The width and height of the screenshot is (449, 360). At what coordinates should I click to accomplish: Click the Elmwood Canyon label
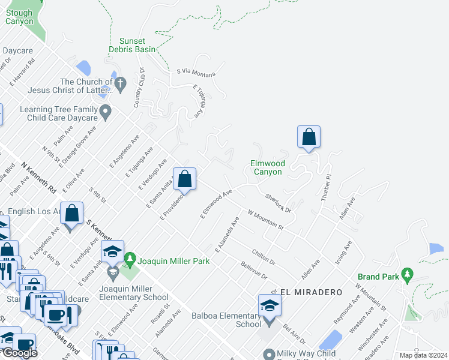click(267, 167)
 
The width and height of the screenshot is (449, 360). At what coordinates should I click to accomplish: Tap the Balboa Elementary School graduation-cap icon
click(270, 305)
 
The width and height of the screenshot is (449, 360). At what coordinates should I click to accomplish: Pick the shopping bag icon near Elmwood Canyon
click(309, 137)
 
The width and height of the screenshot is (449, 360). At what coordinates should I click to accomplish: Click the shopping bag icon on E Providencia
click(184, 178)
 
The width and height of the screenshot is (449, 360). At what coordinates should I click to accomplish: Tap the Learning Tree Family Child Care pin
click(106, 110)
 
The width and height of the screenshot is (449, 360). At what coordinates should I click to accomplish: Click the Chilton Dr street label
click(264, 257)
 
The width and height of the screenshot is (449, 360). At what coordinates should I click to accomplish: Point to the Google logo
click(19, 352)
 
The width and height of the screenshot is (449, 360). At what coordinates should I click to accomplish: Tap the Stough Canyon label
click(20, 16)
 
